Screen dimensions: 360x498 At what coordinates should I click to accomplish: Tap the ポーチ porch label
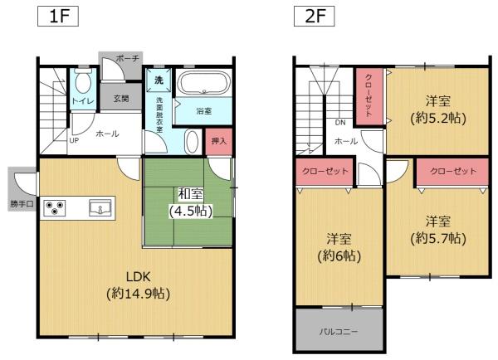127,60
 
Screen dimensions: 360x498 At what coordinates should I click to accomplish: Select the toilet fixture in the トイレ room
83,84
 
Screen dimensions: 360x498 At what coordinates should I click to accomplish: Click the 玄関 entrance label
121,99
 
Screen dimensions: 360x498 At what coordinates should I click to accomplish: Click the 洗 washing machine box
159,81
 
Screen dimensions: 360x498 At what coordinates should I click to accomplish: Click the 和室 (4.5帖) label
190,202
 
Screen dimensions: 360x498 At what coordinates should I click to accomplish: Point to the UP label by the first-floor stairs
74,140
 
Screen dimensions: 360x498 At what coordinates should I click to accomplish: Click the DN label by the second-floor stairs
340,124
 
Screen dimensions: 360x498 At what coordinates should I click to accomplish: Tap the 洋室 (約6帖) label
339,247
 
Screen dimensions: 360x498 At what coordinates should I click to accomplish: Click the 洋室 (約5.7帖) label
438,230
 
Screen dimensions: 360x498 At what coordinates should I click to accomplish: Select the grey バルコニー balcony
339,331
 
